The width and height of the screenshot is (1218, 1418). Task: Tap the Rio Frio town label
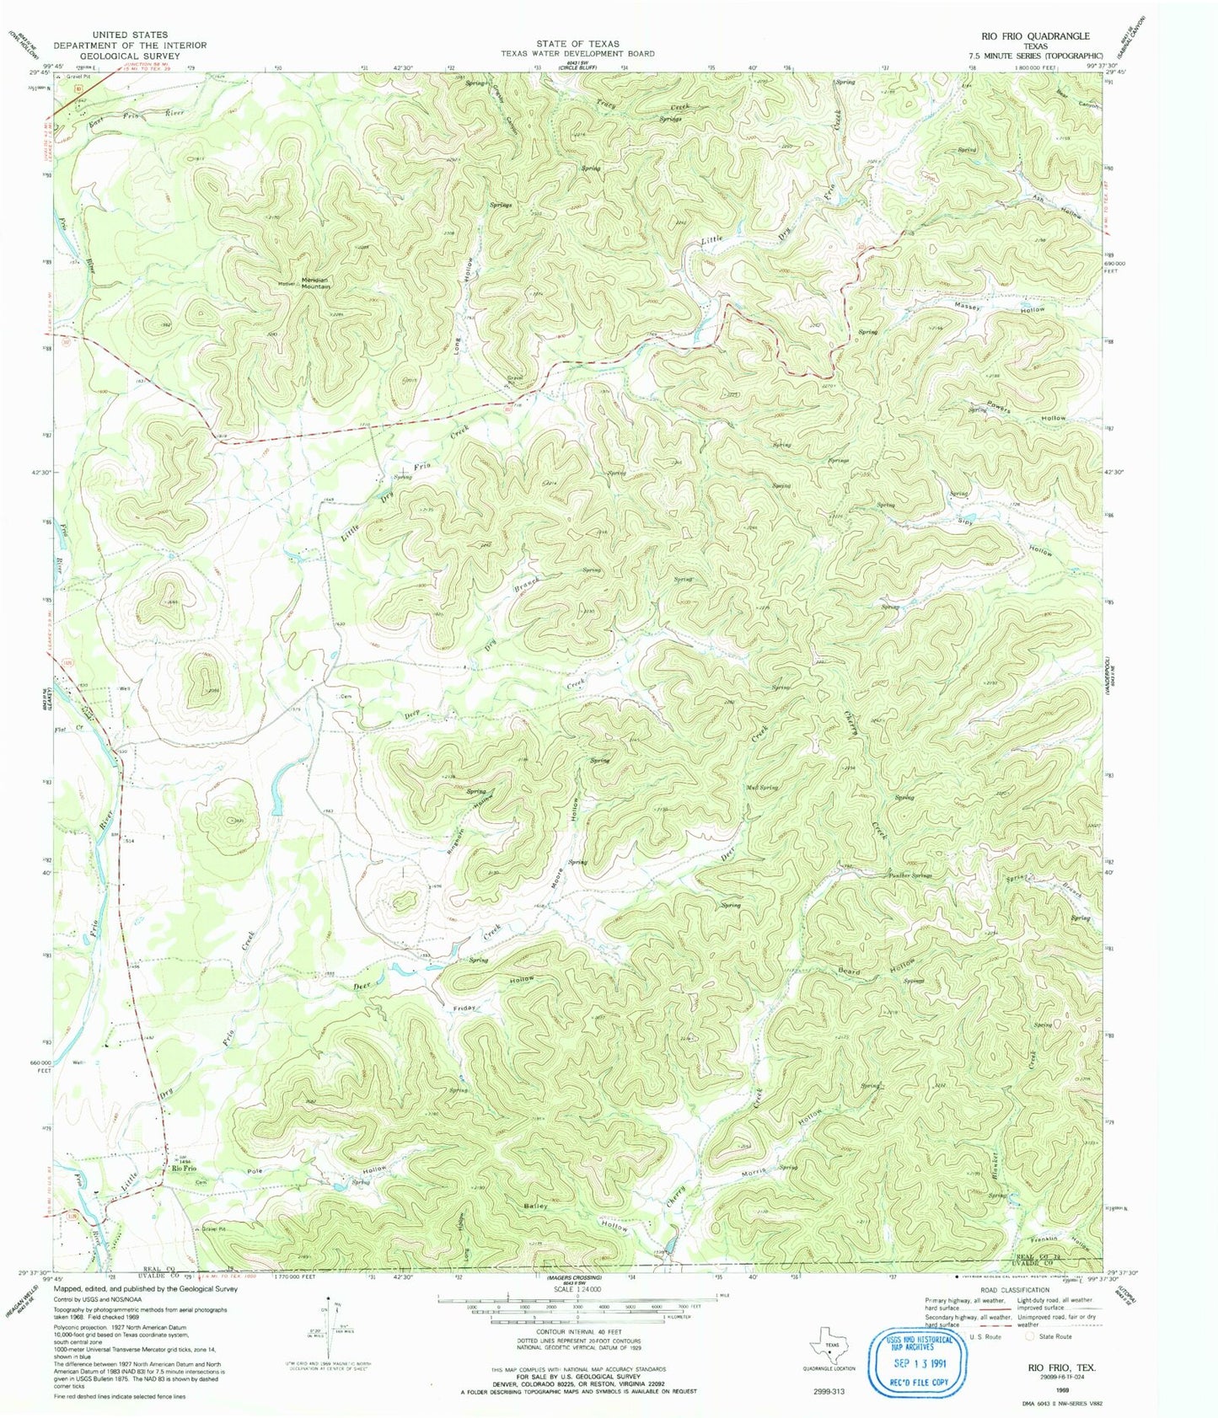pyautogui.click(x=184, y=1169)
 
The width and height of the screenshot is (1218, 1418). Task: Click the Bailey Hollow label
pyautogui.click(x=578, y=1216)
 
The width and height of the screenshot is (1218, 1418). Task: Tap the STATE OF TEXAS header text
pyautogui.click(x=577, y=43)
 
